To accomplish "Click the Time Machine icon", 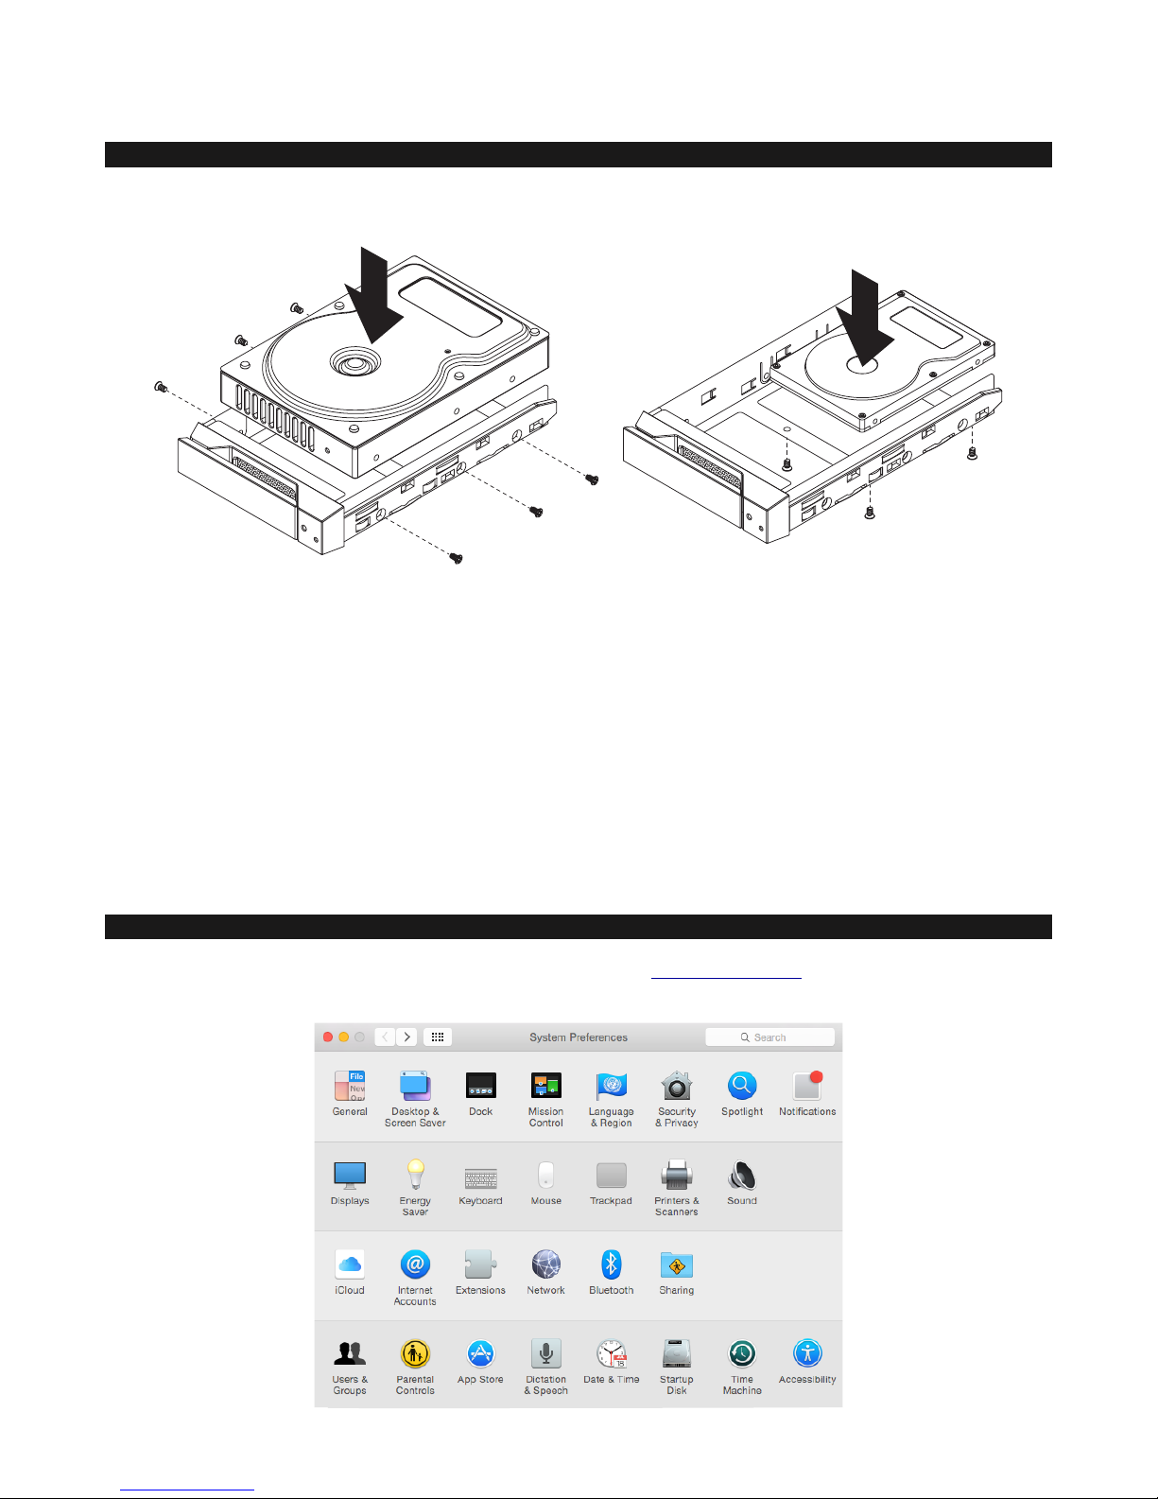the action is tap(742, 1353).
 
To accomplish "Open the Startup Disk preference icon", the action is tap(676, 1353).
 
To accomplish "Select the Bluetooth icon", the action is tap(611, 1264).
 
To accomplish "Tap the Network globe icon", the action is tap(546, 1264).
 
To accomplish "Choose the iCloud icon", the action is tap(350, 1264).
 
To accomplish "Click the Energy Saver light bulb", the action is tap(415, 1175).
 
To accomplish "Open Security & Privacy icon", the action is tap(676, 1085).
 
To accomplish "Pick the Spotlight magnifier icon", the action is tap(742, 1085).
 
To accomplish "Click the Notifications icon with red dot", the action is tap(807, 1085).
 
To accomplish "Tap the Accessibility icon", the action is tap(807, 1353).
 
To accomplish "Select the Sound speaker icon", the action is tap(742, 1175).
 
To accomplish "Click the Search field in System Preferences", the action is tap(769, 1037).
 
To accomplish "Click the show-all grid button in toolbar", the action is tap(437, 1037).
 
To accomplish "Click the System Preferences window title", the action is tap(579, 1037).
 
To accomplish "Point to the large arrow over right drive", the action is tap(865, 318).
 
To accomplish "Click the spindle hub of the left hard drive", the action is tap(355, 361).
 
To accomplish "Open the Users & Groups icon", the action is tap(350, 1353).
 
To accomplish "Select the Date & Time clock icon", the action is tap(612, 1353).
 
